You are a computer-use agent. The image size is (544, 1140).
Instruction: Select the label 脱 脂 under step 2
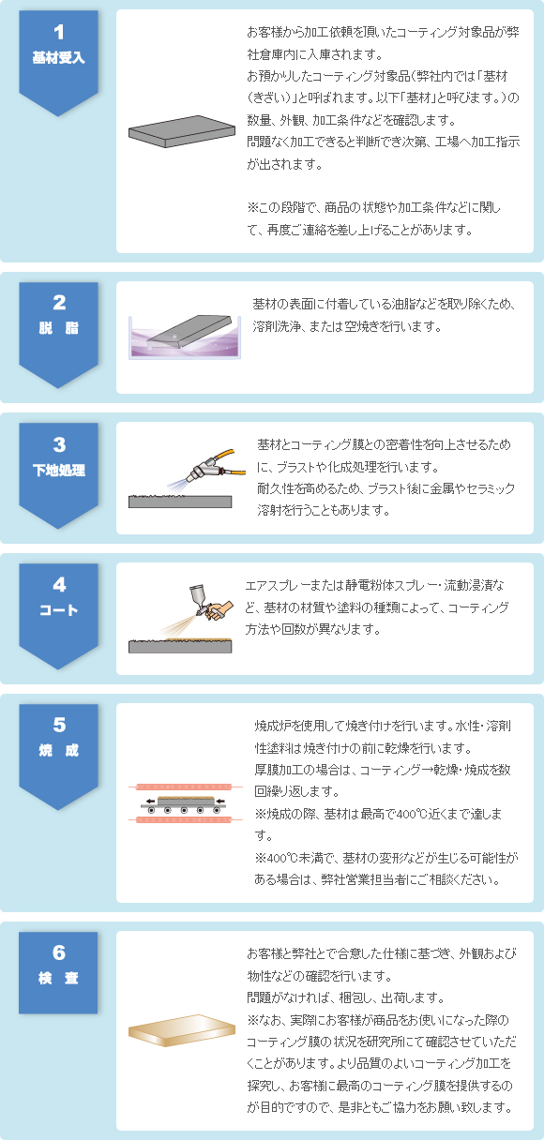58,328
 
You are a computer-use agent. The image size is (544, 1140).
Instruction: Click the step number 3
58,444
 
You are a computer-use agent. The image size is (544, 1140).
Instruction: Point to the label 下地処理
58,470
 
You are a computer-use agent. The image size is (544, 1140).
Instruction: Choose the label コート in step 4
58,610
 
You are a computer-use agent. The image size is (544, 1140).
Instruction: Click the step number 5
58,725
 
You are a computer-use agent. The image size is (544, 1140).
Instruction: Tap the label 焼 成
58,751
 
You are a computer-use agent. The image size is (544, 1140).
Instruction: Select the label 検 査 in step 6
58,979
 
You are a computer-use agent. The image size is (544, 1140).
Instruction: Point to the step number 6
58,953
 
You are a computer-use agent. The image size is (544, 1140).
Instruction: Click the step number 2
58,303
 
